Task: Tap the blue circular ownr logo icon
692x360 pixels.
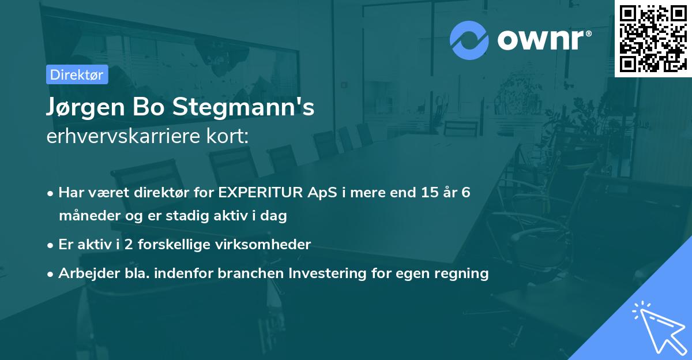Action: pyautogui.click(x=469, y=40)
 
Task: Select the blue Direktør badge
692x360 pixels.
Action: pyautogui.click(x=77, y=74)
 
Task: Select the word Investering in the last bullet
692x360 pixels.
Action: pyautogui.click(x=331, y=273)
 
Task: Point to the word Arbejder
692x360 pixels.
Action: pyautogui.click(x=84, y=273)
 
